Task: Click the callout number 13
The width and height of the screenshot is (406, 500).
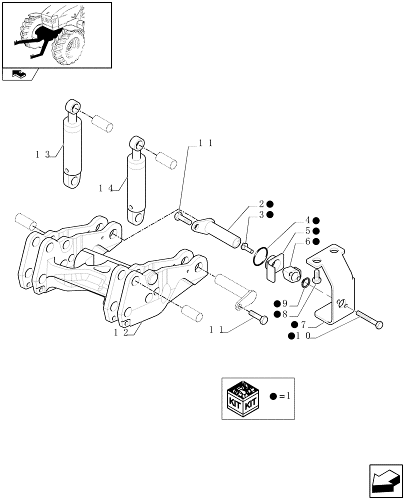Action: (x=42, y=154)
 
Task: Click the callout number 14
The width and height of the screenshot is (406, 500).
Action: (x=105, y=188)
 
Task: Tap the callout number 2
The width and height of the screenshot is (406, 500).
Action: (x=261, y=203)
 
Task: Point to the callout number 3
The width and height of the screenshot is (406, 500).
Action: (x=261, y=214)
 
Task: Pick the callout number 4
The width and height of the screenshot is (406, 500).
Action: (x=308, y=220)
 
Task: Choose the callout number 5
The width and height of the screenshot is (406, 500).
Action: (x=308, y=230)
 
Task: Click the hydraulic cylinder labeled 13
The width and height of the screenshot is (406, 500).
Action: (x=73, y=150)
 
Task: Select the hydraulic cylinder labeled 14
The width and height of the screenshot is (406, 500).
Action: (x=137, y=185)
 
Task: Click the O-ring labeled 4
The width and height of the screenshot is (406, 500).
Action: (x=259, y=257)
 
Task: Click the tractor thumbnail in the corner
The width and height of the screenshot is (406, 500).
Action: (x=56, y=35)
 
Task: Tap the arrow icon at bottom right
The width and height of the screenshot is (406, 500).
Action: (x=385, y=480)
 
